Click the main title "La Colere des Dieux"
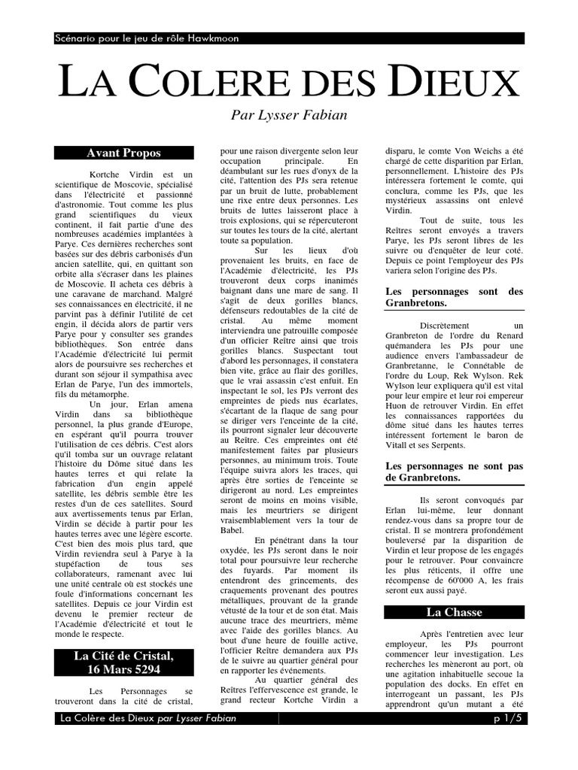click(x=289, y=81)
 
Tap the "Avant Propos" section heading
click(x=123, y=153)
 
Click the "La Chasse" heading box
click(x=454, y=612)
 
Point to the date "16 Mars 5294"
click(x=123, y=669)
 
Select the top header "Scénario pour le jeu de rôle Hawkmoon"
click(x=148, y=38)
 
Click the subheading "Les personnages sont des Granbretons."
click(x=454, y=297)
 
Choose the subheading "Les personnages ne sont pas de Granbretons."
click(x=454, y=472)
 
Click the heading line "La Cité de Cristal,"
click(x=123, y=656)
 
